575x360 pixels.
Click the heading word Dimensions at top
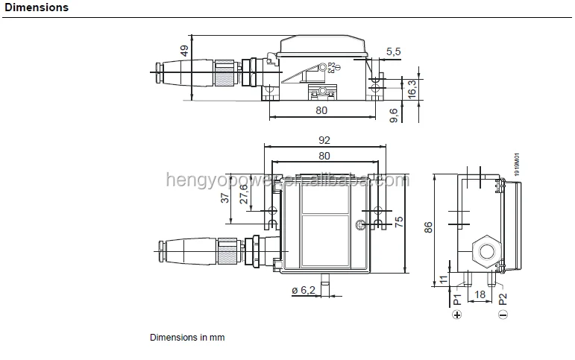point(37,8)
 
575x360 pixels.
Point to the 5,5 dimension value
point(394,51)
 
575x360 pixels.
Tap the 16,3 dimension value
point(411,89)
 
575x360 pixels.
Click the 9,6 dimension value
point(395,116)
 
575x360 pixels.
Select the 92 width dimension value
point(324,140)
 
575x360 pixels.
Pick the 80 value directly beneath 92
point(324,156)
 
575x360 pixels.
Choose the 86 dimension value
point(427,228)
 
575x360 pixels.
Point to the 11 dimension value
point(445,280)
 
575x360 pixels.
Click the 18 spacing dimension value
point(480,296)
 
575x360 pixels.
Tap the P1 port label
point(456,300)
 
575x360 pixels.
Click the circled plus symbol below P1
point(456,315)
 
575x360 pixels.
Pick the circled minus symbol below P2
point(503,315)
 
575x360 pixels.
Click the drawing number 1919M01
point(515,164)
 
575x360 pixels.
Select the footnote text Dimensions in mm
point(187,337)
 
